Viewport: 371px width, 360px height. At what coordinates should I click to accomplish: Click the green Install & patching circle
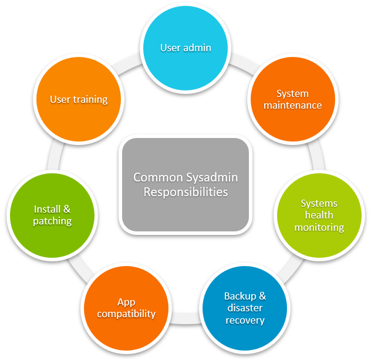(x=52, y=215)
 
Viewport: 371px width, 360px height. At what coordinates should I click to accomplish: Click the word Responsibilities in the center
(x=185, y=191)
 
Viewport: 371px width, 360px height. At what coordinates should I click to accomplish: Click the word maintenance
(x=292, y=106)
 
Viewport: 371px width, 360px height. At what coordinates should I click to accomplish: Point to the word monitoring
(x=319, y=227)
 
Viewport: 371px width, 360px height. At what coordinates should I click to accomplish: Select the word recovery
(x=245, y=321)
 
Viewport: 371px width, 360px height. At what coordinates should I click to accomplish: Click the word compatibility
(x=126, y=314)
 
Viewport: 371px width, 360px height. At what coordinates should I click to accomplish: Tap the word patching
(x=52, y=221)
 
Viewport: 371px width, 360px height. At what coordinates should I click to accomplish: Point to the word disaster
(x=245, y=308)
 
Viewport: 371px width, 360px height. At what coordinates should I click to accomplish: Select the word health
(x=319, y=215)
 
